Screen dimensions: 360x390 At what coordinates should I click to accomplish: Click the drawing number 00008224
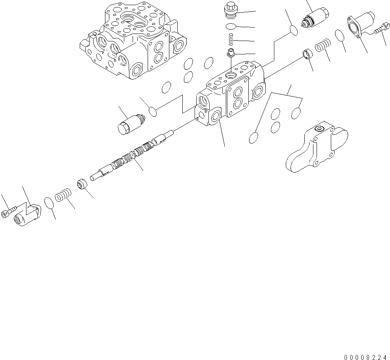click(365, 357)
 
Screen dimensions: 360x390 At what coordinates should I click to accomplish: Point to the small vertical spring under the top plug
click(231, 39)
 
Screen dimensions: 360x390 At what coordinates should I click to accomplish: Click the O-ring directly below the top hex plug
click(231, 27)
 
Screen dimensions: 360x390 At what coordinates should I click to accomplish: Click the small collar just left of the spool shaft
click(82, 185)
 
